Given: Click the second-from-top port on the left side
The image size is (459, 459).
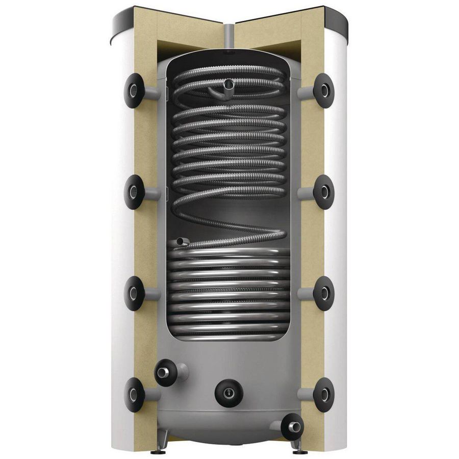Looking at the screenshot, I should pos(134,192).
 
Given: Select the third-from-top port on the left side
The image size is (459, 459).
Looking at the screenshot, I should pos(134,293).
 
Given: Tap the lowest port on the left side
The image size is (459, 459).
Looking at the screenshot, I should pos(134,394).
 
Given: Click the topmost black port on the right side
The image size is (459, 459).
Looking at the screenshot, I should pos(323,90).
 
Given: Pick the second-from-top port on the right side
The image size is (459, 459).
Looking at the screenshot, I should pos(323,192).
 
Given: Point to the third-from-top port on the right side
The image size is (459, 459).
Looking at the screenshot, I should pos(323,293).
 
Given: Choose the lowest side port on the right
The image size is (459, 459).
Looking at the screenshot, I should pos(323,394).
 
